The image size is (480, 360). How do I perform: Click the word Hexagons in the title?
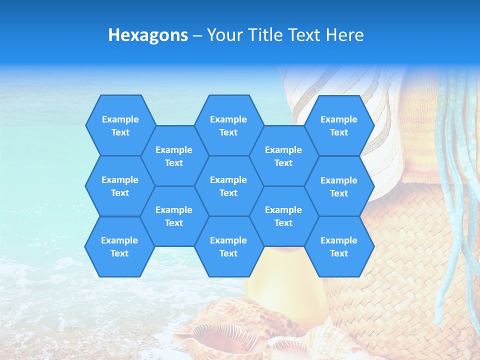click(148, 35)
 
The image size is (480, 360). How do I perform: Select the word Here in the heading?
click(344, 35)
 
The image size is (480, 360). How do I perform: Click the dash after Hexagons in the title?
click(197, 35)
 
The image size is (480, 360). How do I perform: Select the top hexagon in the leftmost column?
click(120, 125)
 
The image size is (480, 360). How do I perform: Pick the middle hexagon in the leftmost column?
click(120, 186)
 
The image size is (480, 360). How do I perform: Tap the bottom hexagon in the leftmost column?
click(119, 246)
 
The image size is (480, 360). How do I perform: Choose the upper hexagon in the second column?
click(174, 156)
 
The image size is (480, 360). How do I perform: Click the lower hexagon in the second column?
click(174, 216)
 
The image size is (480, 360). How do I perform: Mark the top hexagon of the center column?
click(228, 125)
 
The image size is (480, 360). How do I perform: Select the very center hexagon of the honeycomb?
click(228, 186)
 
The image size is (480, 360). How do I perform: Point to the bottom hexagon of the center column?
click(228, 246)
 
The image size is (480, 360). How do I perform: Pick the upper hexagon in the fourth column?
click(283, 156)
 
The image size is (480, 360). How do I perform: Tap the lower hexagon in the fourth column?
click(283, 216)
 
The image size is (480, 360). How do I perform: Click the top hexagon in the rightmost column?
click(339, 125)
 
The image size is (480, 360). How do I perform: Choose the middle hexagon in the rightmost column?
click(339, 186)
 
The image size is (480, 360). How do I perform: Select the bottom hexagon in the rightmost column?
click(339, 246)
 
